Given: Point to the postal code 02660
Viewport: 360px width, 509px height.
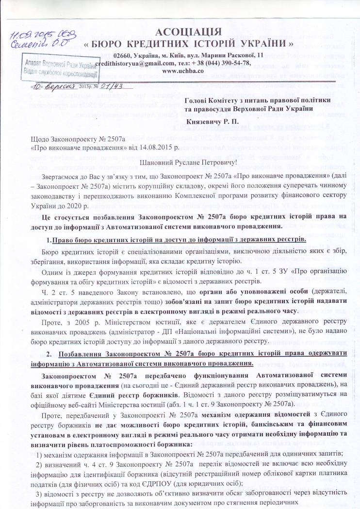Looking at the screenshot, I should [x=123, y=55].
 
